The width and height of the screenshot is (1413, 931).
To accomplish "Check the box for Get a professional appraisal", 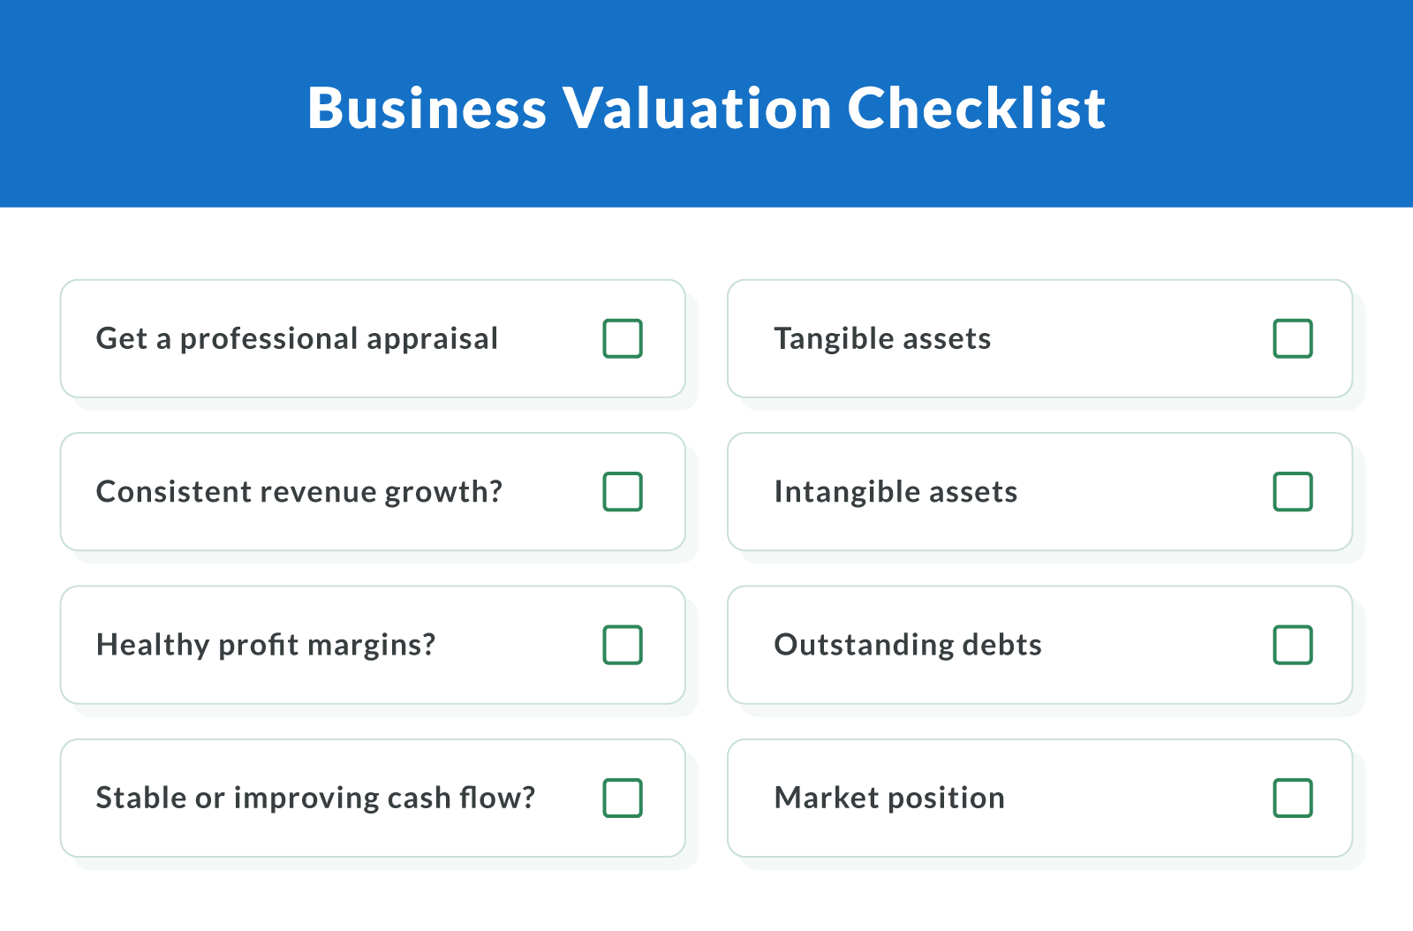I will tap(623, 338).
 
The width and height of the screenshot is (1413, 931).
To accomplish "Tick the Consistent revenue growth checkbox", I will tap(623, 492).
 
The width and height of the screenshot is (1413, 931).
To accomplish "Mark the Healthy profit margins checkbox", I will tap(623, 645).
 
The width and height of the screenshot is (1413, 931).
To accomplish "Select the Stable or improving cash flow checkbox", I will tap(623, 798).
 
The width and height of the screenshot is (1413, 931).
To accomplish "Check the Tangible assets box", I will tap(1293, 338).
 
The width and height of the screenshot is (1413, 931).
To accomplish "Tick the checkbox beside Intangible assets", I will tap(1293, 492).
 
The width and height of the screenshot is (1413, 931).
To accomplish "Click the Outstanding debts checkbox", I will tap(1293, 645).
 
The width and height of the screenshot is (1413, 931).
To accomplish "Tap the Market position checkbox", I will tap(1293, 798).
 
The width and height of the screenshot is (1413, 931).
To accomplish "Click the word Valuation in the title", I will tap(698, 109).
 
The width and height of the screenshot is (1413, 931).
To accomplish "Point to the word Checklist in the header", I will tap(976, 109).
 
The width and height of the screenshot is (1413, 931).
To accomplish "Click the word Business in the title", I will tap(427, 109).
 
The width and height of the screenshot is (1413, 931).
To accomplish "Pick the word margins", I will tap(371, 646).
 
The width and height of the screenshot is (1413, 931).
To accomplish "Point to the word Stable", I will tap(141, 799).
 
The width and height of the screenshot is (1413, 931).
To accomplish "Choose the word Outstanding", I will tap(864, 646).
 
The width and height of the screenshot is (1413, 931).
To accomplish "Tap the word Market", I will tap(826, 799).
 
